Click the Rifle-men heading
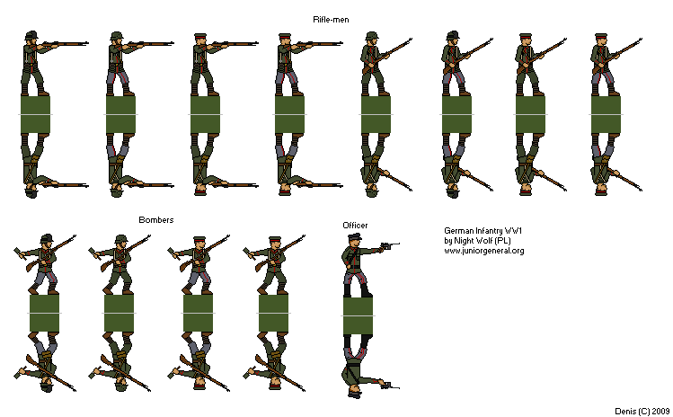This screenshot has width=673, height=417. tap(332, 19)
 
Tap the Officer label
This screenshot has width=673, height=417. tap(355, 224)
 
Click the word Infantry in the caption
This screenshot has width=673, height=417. tap(490, 231)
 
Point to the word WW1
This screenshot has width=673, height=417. tap(515, 231)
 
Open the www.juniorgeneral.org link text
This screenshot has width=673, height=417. tap(484, 251)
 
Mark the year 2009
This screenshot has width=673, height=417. tap(659, 410)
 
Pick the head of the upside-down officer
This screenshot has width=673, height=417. tap(356, 390)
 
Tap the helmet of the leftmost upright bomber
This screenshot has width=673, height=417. tap(46, 238)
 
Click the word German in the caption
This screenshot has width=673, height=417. tap(459, 231)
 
